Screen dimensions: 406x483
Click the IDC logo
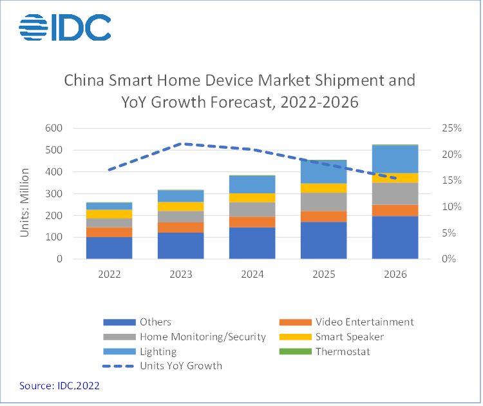pyautogui.click(x=64, y=27)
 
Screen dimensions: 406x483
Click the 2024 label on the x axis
pyautogui.click(x=252, y=274)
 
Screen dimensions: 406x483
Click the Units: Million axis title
pyautogui.click(x=25, y=193)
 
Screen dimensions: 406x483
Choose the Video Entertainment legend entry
pyautogui.click(x=365, y=322)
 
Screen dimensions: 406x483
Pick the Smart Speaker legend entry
pyautogui.click(x=350, y=336)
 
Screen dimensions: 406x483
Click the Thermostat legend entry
pyautogui.click(x=342, y=351)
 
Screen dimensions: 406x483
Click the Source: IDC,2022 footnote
pyautogui.click(x=59, y=385)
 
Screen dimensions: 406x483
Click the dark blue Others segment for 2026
pyautogui.click(x=395, y=237)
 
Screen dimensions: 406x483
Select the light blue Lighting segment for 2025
pyautogui.click(x=324, y=172)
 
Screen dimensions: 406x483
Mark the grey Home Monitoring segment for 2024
pyautogui.click(x=252, y=209)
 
